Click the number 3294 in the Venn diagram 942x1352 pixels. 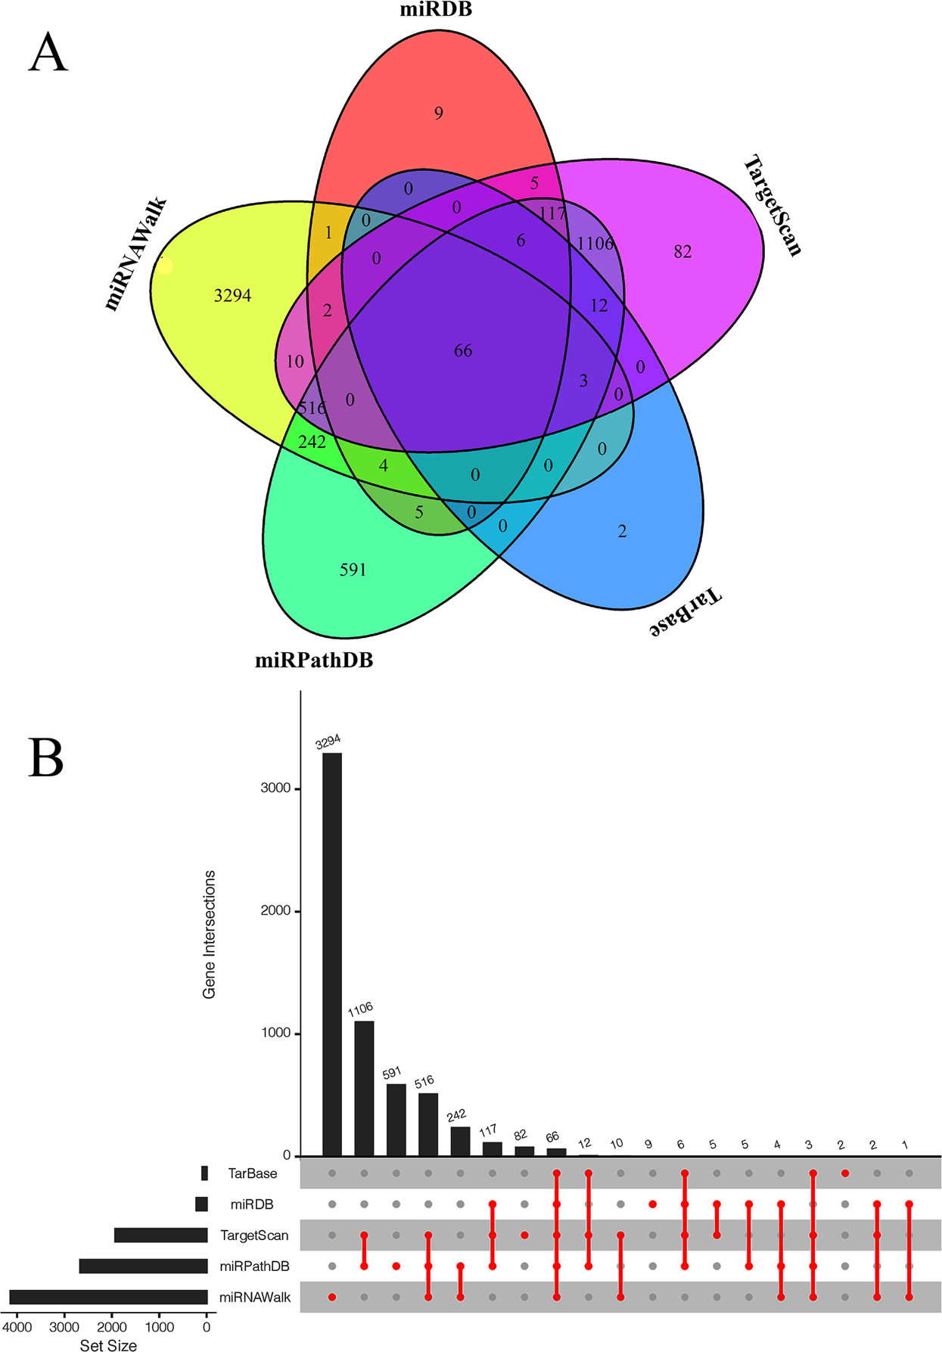click(x=232, y=296)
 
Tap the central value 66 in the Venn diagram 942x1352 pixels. click(x=463, y=351)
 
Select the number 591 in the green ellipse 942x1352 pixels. click(x=353, y=570)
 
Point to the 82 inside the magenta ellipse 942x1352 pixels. click(x=682, y=252)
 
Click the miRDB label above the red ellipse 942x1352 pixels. click(x=436, y=10)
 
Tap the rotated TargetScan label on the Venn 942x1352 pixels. click(x=772, y=206)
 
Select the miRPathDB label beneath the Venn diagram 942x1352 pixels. click(x=314, y=660)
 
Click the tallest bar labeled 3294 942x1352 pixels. click(x=332, y=953)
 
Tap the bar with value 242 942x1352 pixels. click(x=460, y=1141)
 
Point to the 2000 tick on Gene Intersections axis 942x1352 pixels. click(x=275, y=911)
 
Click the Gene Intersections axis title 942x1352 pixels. click(x=210, y=934)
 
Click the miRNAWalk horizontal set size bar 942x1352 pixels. click(x=108, y=1298)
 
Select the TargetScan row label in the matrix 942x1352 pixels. click(x=254, y=1235)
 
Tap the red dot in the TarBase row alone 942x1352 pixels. click(x=845, y=1173)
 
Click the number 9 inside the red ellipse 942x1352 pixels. click(x=439, y=113)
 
